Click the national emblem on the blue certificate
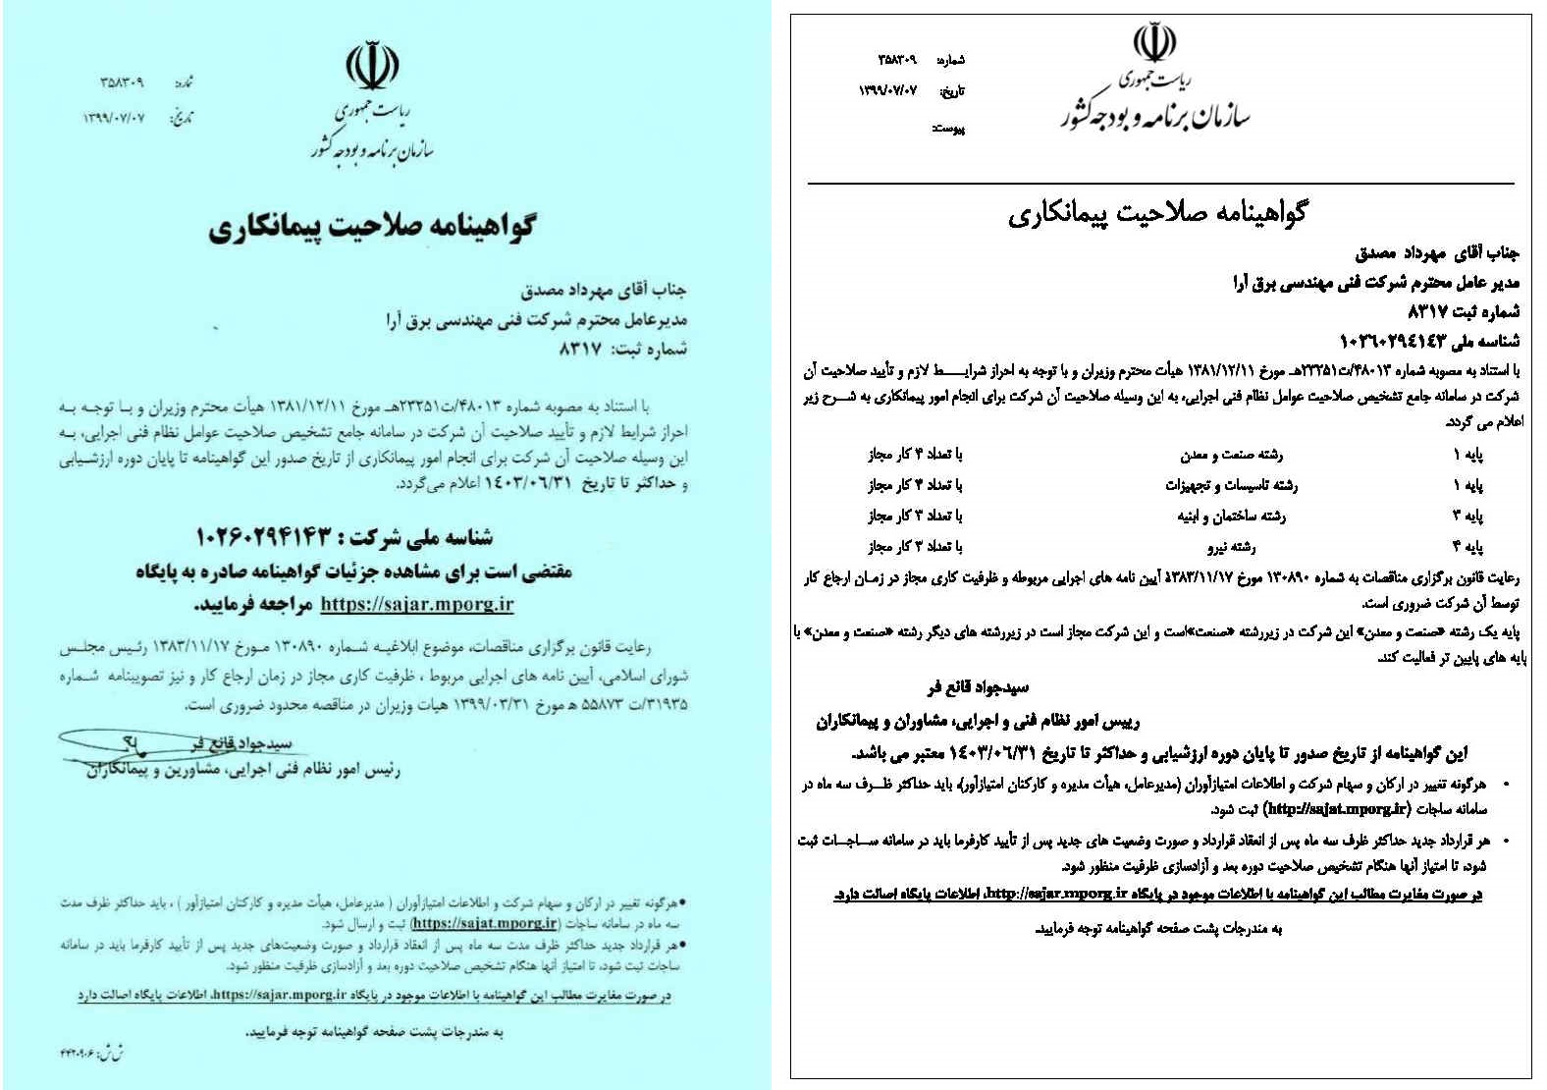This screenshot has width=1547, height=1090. pos(372,65)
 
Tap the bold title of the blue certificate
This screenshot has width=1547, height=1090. pos(372,228)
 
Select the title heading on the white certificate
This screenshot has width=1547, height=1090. pos(1157,212)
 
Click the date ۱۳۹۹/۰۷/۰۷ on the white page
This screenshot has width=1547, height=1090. pos(887,90)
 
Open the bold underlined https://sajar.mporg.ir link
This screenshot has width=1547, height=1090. pos(417,604)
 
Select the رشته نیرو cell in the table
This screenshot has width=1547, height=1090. pos(1231,547)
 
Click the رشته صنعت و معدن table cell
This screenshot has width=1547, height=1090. pos(1231,455)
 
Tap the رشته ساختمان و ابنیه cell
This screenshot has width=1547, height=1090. pos(1231,517)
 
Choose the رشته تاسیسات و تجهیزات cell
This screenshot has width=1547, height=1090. pos(1231,485)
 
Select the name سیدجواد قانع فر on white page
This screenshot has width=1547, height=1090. pos(978,687)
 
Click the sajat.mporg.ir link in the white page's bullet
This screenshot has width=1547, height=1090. pos(1338,809)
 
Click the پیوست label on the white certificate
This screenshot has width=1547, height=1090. pos(948,129)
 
